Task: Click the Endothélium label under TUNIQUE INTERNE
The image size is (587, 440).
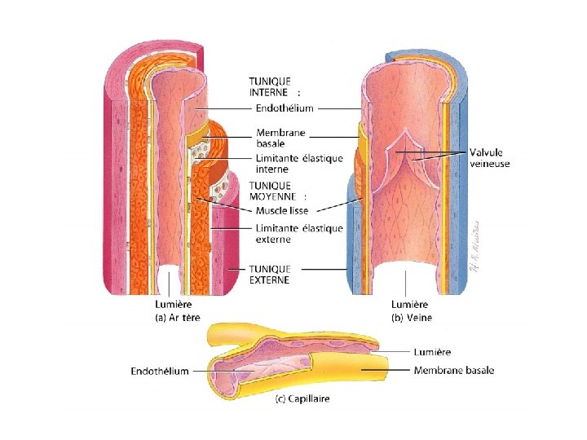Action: point(285,108)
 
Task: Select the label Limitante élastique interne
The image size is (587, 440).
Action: point(299,164)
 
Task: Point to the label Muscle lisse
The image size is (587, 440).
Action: point(282,211)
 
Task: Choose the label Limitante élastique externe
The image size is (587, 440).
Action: point(299,234)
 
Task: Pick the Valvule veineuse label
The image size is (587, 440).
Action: point(492,157)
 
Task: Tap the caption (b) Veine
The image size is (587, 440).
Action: point(412,317)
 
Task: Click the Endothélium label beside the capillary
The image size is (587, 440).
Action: point(160,372)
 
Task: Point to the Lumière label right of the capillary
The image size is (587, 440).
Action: point(433,352)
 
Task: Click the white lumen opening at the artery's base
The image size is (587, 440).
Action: point(170,281)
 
